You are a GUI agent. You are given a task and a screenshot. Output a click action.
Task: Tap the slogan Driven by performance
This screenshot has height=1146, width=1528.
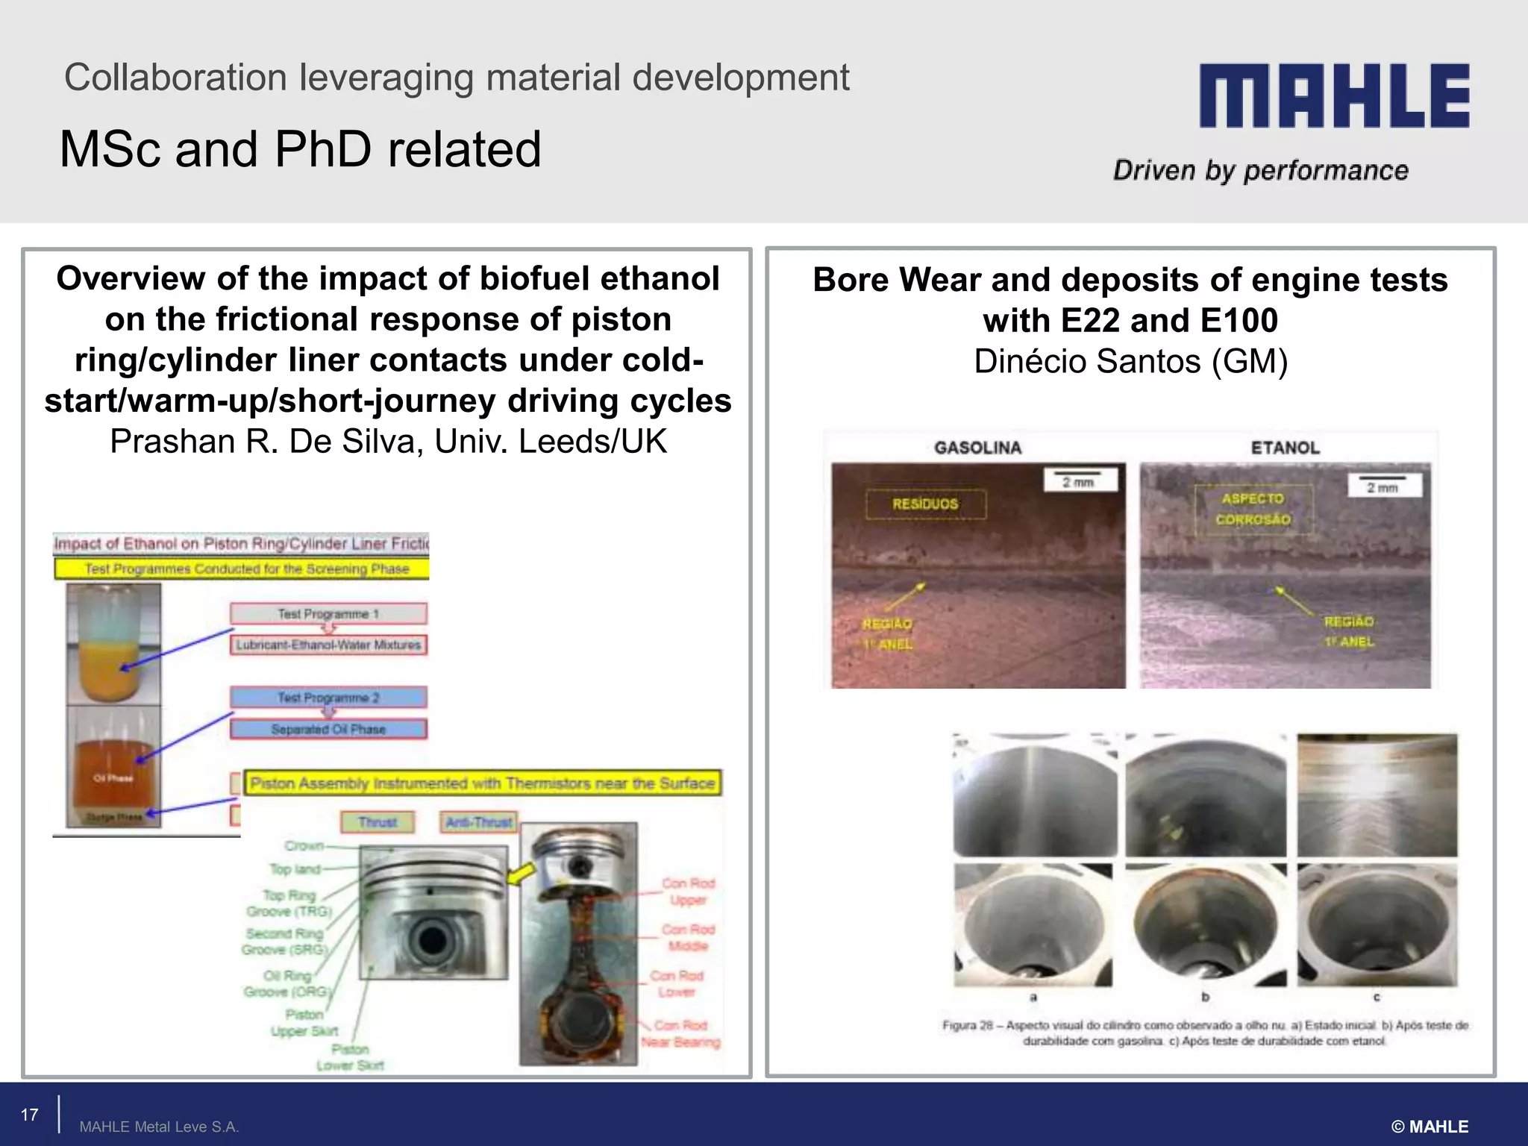pyautogui.click(x=1261, y=171)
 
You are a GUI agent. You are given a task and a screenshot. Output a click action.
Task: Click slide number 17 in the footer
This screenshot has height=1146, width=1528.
pyautogui.click(x=29, y=1115)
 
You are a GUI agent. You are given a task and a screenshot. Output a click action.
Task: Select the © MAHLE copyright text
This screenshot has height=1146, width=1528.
pyautogui.click(x=1430, y=1127)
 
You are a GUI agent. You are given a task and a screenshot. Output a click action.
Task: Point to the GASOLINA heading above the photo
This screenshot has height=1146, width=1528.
pyautogui.click(x=977, y=448)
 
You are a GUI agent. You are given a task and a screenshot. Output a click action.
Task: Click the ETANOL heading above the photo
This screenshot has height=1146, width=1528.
pyautogui.click(x=1285, y=448)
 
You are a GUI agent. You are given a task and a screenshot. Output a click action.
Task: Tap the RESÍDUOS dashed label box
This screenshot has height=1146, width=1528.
pyautogui.click(x=925, y=504)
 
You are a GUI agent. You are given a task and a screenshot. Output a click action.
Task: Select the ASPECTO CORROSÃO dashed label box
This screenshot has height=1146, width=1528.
pyautogui.click(x=1253, y=509)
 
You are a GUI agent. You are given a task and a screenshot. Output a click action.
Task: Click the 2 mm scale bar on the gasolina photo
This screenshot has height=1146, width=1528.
pyautogui.click(x=1079, y=480)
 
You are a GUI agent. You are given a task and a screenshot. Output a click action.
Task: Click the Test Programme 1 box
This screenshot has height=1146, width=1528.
pyautogui.click(x=328, y=614)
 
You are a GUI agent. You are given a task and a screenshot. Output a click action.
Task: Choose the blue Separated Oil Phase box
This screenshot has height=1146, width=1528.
pyautogui.click(x=328, y=729)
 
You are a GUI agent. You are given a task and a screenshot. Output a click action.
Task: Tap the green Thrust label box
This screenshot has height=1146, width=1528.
pyautogui.click(x=377, y=822)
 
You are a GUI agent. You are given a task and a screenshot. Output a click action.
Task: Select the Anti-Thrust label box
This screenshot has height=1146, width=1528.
pyautogui.click(x=478, y=822)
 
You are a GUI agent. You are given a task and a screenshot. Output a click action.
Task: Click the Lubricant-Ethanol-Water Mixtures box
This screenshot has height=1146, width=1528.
pyautogui.click(x=328, y=645)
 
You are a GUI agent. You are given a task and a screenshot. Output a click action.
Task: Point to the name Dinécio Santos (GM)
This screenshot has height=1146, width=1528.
pyautogui.click(x=1130, y=362)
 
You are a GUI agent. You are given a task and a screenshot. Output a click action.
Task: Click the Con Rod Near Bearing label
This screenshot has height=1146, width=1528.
pyautogui.click(x=680, y=1033)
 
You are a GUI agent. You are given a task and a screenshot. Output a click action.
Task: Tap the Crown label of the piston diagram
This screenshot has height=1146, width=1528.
pyautogui.click(x=304, y=845)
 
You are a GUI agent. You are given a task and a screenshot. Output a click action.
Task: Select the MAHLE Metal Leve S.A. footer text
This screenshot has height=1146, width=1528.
pyautogui.click(x=159, y=1127)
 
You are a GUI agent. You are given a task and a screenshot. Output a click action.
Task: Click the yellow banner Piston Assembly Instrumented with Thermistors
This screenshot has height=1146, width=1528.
pyautogui.click(x=483, y=783)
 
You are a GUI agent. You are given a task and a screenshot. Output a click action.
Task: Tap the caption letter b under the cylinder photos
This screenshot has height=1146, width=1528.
pyautogui.click(x=1205, y=997)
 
